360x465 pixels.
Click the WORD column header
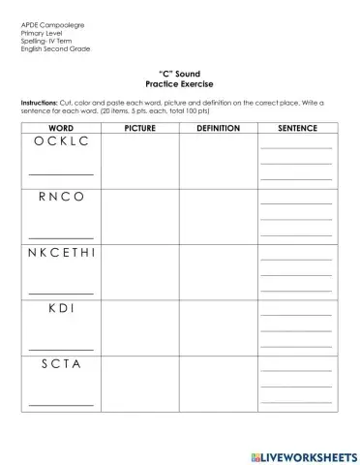[x=61, y=127]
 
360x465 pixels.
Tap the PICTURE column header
[x=139, y=127]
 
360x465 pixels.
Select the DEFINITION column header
[x=218, y=127]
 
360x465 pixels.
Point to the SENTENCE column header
[x=296, y=127]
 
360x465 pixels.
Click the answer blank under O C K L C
[x=61, y=175]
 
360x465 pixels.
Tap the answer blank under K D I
[x=61, y=347]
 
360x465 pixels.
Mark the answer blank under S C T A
[x=61, y=404]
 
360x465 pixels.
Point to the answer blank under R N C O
[x=61, y=235]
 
